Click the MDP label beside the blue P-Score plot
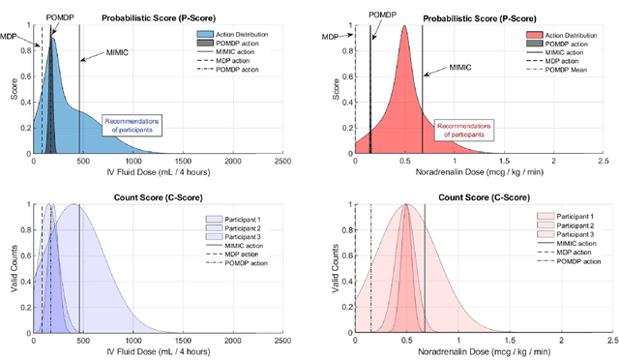click(x=9, y=36)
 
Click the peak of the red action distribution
click(x=404, y=26)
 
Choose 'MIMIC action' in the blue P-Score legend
click(x=238, y=50)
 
